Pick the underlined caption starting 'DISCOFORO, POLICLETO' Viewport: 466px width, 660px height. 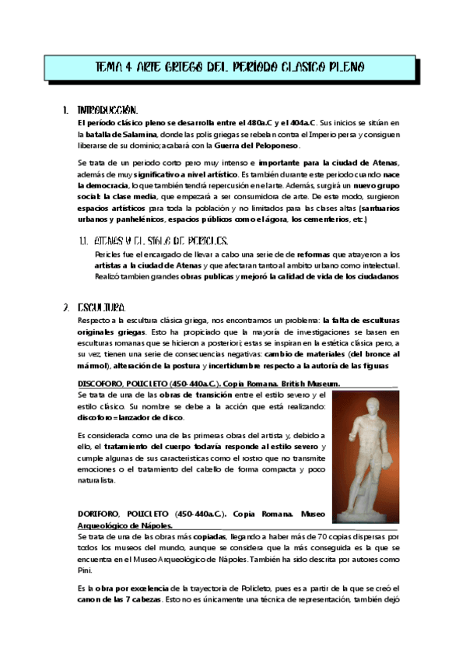pos(208,384)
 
